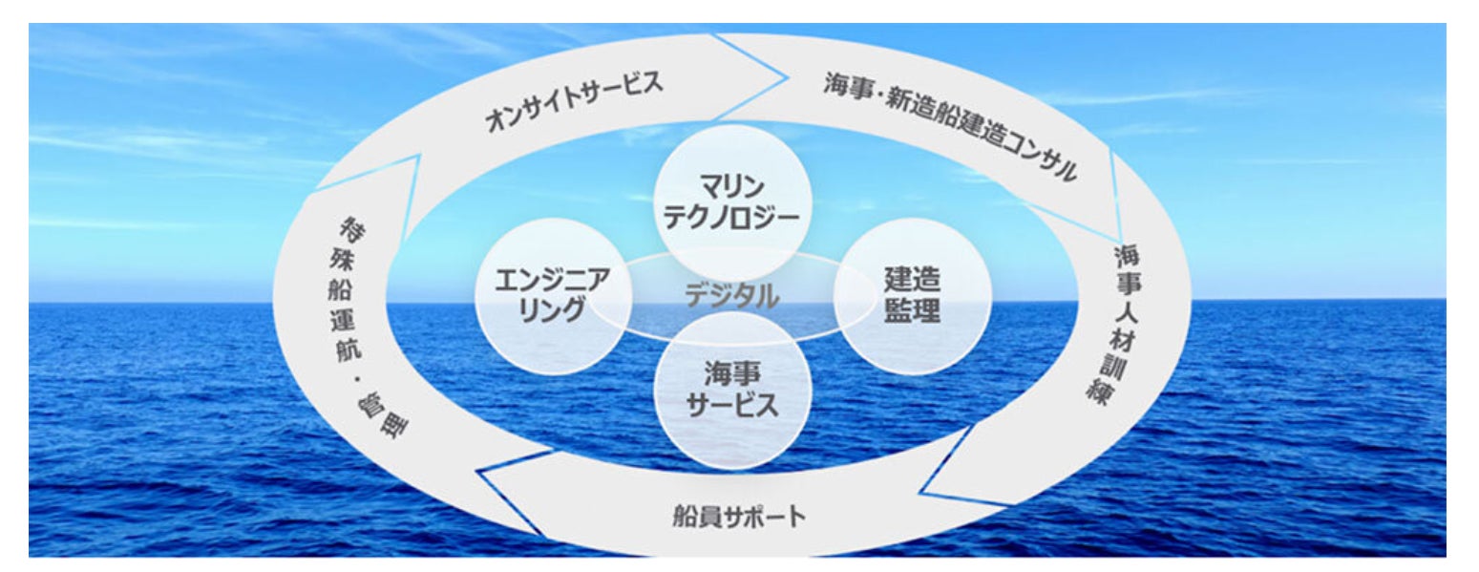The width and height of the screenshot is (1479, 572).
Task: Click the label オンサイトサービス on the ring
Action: [x=574, y=103]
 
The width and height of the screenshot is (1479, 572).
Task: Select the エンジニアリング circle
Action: [x=552, y=295]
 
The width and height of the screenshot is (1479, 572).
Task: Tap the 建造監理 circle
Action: [x=912, y=295]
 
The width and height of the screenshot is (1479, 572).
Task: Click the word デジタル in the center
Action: [x=731, y=296]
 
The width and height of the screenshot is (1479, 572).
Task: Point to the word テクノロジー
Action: [x=731, y=215]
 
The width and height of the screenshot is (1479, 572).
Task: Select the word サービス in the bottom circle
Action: [x=731, y=406]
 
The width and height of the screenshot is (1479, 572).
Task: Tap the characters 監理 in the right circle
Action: [x=912, y=311]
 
